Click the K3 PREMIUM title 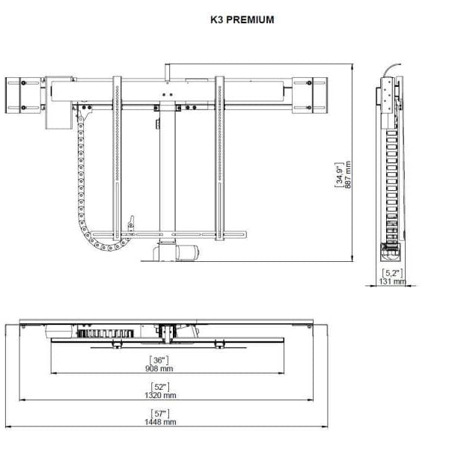(242, 20)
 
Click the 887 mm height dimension (347, 175)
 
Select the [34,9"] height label (338, 175)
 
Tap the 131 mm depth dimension (392, 282)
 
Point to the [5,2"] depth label (392, 273)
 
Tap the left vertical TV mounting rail (117, 161)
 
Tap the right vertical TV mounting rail (219, 161)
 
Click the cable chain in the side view (390, 180)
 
